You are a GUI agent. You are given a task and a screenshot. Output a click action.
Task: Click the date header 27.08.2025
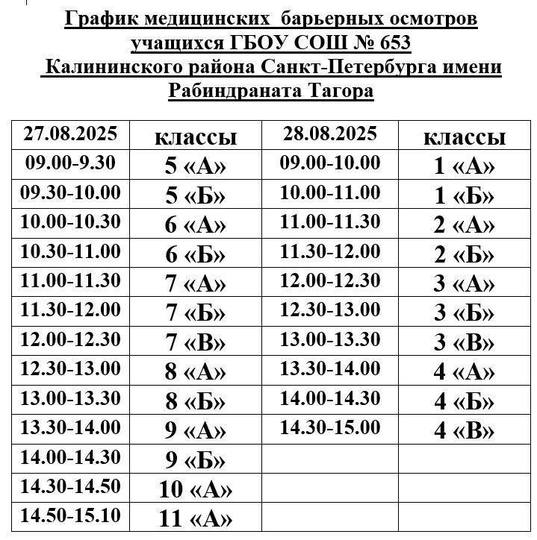(x=71, y=134)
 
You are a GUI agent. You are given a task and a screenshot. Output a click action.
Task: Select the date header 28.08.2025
(x=330, y=134)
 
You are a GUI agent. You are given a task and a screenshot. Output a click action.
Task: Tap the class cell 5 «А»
(x=195, y=166)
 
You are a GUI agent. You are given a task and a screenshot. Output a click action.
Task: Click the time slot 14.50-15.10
(x=71, y=515)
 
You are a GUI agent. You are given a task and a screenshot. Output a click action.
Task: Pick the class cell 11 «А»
(x=195, y=517)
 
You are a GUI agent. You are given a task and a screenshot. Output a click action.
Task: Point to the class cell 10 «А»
(x=195, y=489)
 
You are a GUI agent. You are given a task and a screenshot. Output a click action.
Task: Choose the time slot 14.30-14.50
(x=71, y=486)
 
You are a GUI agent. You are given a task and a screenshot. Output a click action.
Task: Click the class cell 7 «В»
(x=195, y=342)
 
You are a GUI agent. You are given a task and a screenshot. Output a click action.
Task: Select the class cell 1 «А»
(x=464, y=166)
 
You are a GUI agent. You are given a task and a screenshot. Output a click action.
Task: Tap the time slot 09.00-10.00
(x=330, y=163)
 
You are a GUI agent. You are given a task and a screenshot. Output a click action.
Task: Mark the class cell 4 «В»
(x=464, y=431)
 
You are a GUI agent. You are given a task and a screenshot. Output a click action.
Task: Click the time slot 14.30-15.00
(x=330, y=428)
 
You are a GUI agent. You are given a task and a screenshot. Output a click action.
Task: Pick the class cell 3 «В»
(x=464, y=342)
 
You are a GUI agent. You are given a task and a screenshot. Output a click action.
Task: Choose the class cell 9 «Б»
(x=195, y=459)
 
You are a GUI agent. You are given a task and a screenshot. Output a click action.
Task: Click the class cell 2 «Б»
(x=464, y=254)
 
